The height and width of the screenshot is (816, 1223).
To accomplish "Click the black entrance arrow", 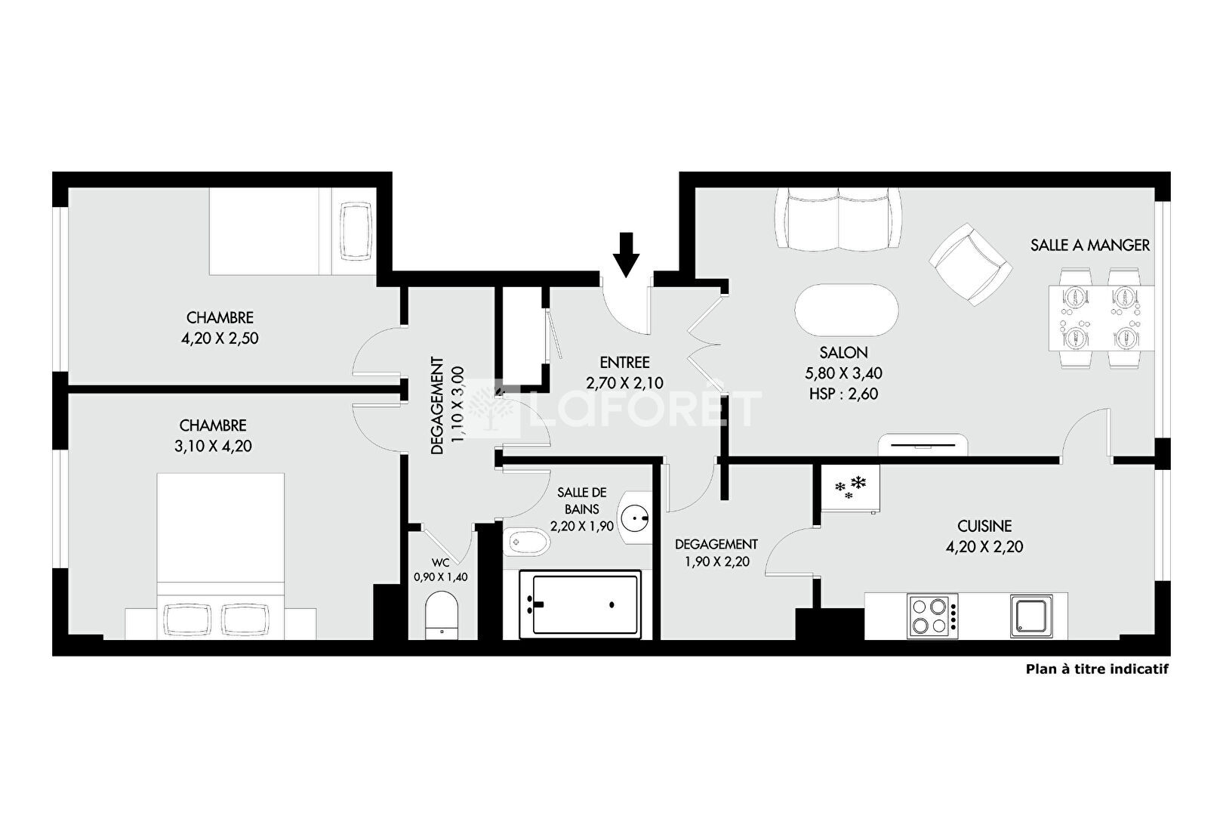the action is (x=626, y=255).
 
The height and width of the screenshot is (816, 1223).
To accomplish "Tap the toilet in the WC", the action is (x=441, y=615).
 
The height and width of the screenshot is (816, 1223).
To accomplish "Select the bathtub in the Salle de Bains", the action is (x=580, y=604).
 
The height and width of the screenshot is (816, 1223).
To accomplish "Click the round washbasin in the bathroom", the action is (x=635, y=517).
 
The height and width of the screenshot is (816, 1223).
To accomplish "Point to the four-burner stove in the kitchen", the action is (x=932, y=616).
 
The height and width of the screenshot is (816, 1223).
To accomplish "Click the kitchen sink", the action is (x=1031, y=616).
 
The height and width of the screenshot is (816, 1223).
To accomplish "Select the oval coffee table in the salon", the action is (x=846, y=310).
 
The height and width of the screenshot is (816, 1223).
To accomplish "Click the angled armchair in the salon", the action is (x=971, y=264).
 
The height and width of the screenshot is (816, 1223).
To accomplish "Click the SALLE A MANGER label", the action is (x=1090, y=246).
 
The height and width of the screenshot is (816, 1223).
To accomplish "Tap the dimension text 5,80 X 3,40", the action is (x=843, y=373).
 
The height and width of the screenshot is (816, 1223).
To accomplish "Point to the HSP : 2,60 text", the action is (x=843, y=394).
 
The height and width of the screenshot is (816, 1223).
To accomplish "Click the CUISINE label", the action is (x=984, y=527).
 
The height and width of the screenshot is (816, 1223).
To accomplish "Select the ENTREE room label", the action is (x=624, y=363).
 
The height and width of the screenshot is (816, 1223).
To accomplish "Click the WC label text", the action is (x=441, y=563).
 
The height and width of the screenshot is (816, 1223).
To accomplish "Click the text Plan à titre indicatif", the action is (x=1098, y=669).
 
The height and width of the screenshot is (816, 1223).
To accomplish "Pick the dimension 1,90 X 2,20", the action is (x=717, y=561).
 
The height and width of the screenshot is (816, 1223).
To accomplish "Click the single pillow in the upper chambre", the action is (x=356, y=231).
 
